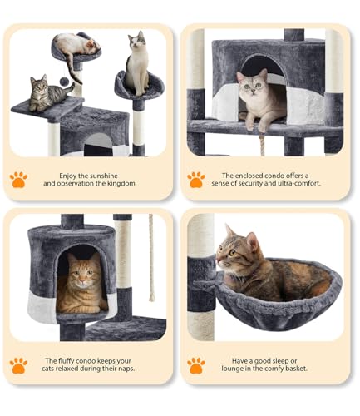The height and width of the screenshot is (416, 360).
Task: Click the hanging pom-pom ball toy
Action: pos(64,82)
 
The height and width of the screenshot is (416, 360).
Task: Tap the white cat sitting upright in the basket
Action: pos(137,64)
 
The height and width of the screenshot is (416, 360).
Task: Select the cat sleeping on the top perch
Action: pos(76,48)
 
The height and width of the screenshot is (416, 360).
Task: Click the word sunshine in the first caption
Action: pos(103,176)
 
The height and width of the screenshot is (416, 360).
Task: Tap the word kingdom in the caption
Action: pos(121,183)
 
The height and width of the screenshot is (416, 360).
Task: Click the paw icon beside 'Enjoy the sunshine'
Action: pos(18,180)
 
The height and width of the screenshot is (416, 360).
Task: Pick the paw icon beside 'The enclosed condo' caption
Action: pos(196,180)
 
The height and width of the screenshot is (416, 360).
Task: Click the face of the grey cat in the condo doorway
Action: pos(252,85)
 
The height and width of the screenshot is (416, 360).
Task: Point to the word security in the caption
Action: pos(246,183)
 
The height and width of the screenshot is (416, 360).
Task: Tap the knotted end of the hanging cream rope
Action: pos(152,297)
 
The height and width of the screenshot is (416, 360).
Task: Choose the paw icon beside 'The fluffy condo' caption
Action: pos(18,365)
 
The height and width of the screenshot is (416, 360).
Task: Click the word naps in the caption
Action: pos(127,369)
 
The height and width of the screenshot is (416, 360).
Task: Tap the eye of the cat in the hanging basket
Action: pos(232,252)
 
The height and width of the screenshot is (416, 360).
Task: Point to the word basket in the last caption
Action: pos(295,369)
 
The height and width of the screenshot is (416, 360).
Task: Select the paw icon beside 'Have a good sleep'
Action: pos(196,365)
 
